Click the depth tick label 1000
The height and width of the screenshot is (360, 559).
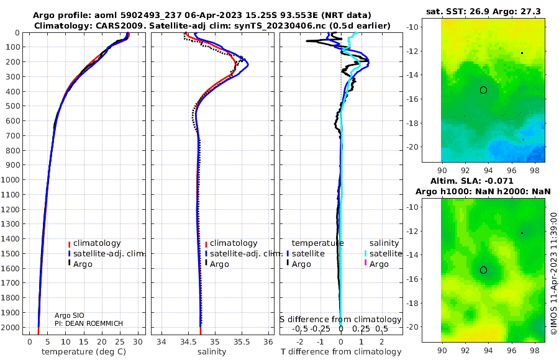10,179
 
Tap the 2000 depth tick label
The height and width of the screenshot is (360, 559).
10,327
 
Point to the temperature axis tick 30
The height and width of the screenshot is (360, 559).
138,342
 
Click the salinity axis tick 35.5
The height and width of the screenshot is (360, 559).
242,342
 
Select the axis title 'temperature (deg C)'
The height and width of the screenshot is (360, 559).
84,352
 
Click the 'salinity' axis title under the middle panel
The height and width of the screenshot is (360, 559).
212,352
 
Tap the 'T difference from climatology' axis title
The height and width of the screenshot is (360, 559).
341,352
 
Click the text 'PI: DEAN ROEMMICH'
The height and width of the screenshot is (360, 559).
89,323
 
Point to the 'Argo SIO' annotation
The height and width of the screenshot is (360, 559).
70,315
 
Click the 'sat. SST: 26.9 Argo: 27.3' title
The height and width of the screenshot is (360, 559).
483,12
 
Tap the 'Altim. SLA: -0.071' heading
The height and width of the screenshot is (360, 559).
472,181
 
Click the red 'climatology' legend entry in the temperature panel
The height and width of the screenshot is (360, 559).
94,243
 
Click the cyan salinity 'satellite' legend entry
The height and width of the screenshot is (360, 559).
383,254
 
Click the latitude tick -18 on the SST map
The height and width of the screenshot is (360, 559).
413,124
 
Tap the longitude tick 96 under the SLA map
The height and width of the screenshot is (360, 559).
512,350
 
